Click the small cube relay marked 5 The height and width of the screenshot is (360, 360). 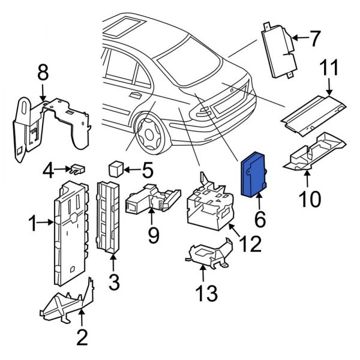[x=115, y=167]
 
